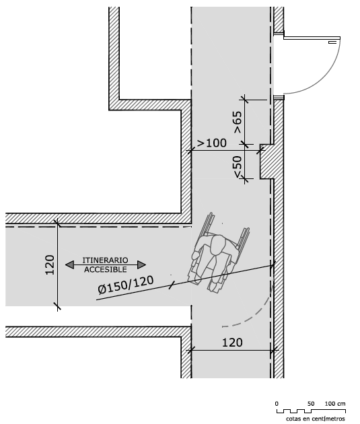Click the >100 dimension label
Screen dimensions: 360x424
[211, 143]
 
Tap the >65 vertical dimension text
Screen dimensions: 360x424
[238, 122]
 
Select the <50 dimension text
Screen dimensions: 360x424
[238, 167]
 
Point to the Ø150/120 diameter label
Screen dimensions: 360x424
[126, 285]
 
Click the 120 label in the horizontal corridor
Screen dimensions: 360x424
[50, 264]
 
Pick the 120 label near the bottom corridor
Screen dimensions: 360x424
[232, 343]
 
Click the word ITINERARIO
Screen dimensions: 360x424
[105, 260]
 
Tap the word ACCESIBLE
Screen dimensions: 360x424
[106, 270]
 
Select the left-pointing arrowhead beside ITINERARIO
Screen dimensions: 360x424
[69, 264]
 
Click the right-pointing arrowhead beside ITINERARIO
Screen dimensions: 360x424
[141, 264]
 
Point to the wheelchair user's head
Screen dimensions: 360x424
[218, 245]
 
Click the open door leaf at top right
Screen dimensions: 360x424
[312, 38]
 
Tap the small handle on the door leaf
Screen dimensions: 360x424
[332, 42]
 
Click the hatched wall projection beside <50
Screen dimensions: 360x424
[267, 162]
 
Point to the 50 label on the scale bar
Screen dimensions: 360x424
[311, 404]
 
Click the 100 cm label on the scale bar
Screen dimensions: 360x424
[335, 404]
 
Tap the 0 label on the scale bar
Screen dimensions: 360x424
[277, 404]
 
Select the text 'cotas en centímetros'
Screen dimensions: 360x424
[316, 419]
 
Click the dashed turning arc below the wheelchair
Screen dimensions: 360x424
[257, 314]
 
